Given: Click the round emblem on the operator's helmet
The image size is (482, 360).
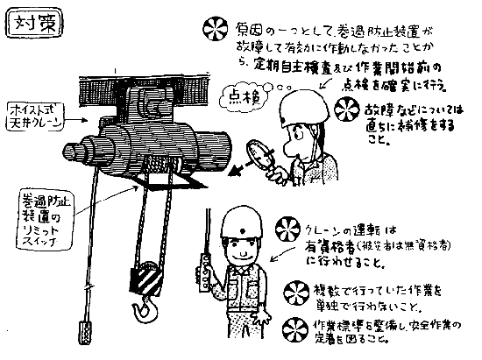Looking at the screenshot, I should (x=240, y=218).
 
